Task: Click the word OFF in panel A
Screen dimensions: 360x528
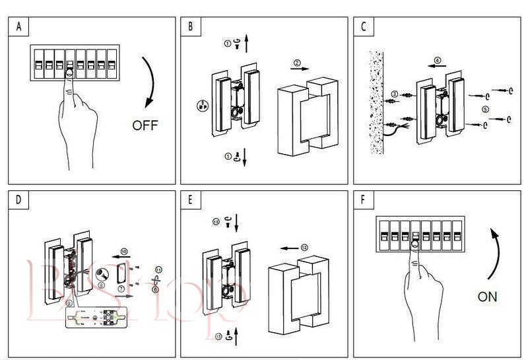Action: pos(146,124)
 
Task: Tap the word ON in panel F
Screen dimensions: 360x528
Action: pos(487,297)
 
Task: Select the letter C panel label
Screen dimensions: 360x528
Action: pos(364,27)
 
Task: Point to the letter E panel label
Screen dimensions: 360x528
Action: pos(191,199)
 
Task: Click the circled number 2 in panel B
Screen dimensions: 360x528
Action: pos(297,63)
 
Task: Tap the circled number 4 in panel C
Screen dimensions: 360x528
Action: pos(436,60)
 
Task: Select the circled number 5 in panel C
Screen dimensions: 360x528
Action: pos(486,109)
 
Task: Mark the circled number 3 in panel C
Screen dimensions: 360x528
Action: pos(393,94)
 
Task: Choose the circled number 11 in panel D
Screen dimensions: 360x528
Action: pos(158,269)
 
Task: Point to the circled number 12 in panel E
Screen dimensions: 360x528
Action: pos(304,246)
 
